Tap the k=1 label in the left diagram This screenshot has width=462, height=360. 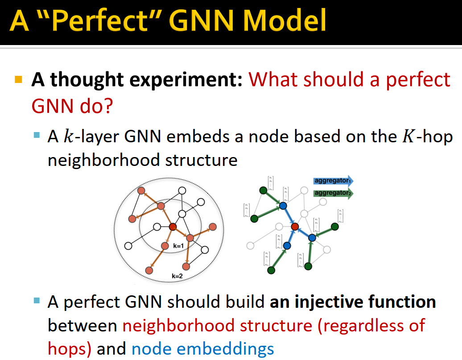click(x=179, y=245)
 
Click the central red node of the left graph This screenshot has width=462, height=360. click(x=173, y=227)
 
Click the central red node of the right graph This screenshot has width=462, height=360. click(x=294, y=227)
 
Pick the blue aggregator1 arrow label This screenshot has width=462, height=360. click(x=332, y=181)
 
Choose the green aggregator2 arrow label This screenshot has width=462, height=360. click(x=332, y=193)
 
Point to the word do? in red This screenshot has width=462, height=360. click(x=95, y=105)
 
